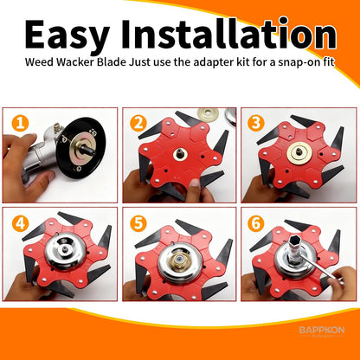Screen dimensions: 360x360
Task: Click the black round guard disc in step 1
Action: [x=84, y=150]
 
